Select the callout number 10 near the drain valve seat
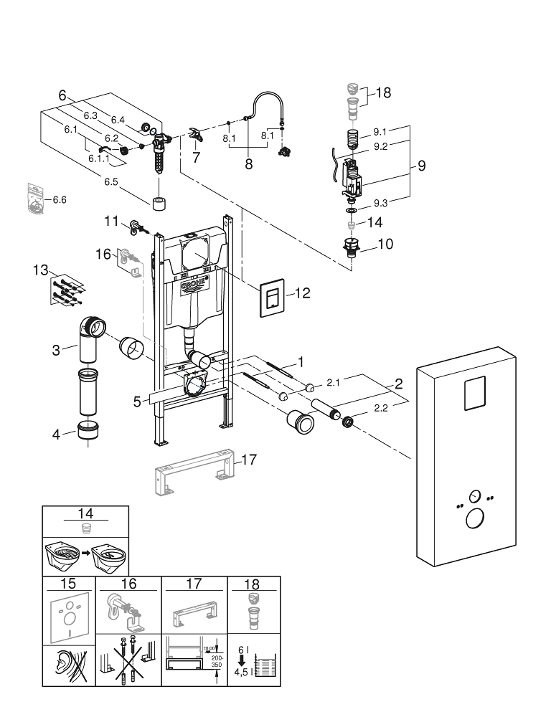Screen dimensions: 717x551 click(x=385, y=244)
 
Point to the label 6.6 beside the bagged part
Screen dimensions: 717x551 click(x=60, y=199)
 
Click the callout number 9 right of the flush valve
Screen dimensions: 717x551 click(x=421, y=166)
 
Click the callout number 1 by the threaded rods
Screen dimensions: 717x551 click(x=301, y=361)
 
